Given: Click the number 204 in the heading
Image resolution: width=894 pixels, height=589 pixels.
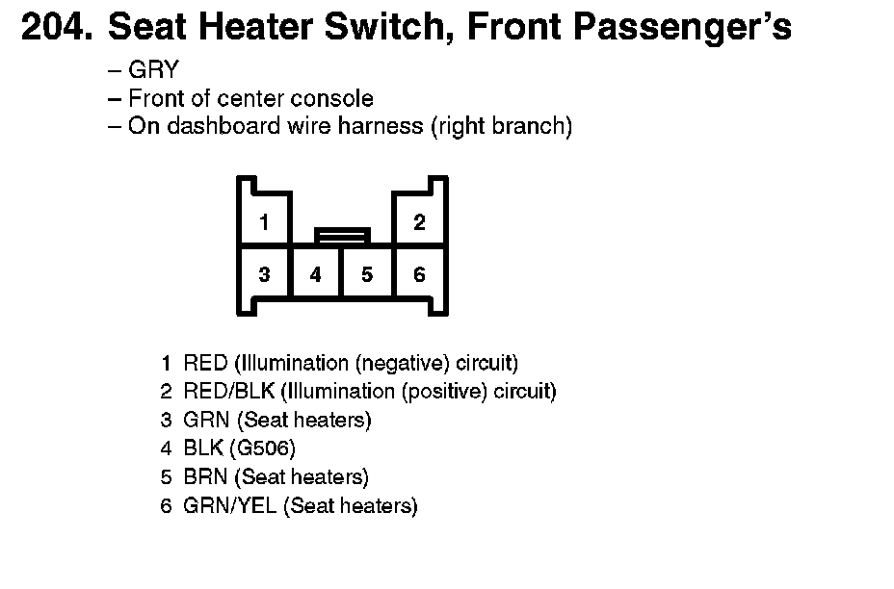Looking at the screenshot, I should click(x=56, y=28).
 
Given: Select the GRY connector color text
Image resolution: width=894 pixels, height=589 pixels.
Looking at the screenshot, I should click(x=153, y=71).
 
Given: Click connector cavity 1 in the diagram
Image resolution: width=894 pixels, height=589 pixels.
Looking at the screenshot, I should click(x=264, y=223).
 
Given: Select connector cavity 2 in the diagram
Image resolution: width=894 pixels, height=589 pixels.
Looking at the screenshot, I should click(x=419, y=223).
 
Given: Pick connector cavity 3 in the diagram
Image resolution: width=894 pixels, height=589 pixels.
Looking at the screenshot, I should click(x=264, y=275).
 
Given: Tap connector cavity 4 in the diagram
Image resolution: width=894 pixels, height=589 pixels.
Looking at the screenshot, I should click(x=315, y=275).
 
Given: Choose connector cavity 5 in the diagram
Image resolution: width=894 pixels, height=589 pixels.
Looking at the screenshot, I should click(x=367, y=275).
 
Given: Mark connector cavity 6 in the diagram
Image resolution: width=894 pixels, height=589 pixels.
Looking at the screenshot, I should click(x=419, y=275).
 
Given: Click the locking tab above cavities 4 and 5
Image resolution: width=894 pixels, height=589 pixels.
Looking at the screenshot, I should click(x=342, y=234).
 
